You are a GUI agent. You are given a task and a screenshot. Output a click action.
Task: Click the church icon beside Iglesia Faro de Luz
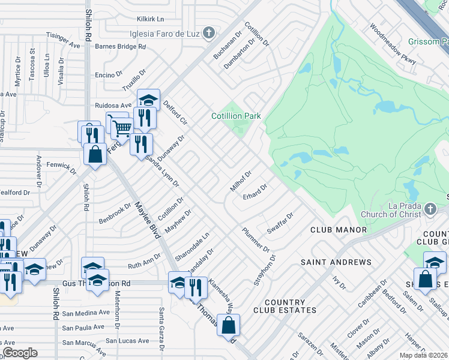coord(209,32)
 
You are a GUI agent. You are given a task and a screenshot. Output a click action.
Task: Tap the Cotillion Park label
coord(236,116)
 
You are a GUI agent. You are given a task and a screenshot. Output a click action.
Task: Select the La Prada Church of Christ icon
coord(429,209)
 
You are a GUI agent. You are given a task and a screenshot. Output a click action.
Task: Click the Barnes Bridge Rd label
coord(121,46)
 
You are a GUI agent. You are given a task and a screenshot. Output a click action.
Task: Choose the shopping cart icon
coord(122,127)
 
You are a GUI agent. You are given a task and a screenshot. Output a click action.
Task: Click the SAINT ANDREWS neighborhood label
coord(336,262)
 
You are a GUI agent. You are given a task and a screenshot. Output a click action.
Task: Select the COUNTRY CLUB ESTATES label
coord(285,306)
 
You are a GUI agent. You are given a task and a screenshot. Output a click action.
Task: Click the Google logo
coord(20,353)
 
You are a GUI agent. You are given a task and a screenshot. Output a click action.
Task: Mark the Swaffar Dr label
coord(280,223)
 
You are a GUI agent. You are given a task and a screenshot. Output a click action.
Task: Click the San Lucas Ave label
coord(127,341)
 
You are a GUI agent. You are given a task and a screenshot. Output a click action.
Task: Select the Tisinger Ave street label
coord(62,41)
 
